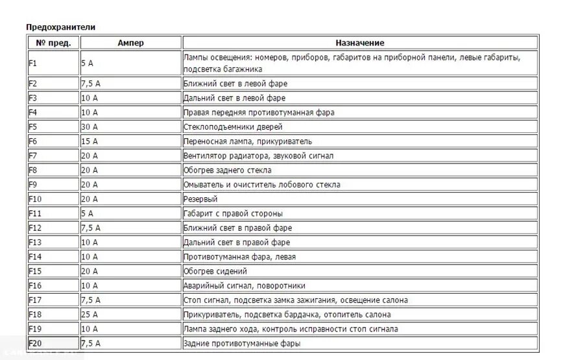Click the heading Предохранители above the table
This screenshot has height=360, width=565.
coord(60,27)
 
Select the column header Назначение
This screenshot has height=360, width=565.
coord(359,43)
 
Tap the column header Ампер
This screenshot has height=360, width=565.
coord(130,43)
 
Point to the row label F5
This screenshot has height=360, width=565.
coord(34,127)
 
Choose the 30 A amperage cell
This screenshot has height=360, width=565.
coord(90,127)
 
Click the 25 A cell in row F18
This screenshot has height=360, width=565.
coord(90,315)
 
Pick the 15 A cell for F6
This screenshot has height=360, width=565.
coord(90,141)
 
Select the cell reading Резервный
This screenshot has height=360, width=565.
coord(200,199)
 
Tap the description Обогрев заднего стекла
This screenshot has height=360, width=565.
coord(228,171)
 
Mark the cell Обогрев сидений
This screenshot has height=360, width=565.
coord(215,271)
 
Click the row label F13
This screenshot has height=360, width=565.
coord(35,243)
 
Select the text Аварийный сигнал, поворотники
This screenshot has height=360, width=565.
coord(245,286)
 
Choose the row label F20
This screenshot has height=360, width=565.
coord(35,344)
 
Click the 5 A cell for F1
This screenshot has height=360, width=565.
coord(88,64)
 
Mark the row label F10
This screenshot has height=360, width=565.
coord(35,199)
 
